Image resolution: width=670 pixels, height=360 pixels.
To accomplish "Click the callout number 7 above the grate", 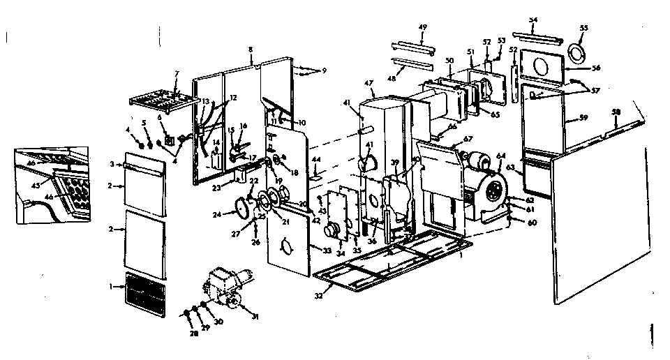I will tap(177, 73).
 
